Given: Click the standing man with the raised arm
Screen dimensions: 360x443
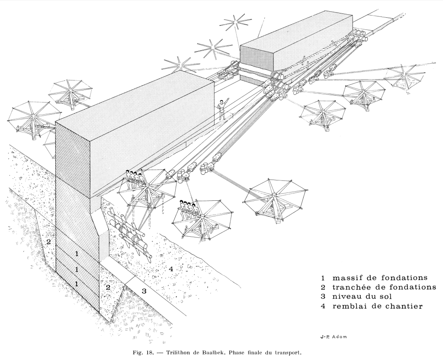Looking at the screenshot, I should click(222, 109).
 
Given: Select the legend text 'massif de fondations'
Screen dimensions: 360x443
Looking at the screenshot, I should click(380, 277).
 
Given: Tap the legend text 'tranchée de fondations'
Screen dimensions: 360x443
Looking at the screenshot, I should click(384, 287).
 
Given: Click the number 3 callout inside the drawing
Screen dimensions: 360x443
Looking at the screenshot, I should click(144, 291).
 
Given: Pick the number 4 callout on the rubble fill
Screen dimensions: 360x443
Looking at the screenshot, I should click(171, 269).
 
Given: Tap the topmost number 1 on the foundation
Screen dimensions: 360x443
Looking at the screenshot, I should click(77, 254).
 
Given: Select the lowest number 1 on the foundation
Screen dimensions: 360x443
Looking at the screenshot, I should click(77, 284).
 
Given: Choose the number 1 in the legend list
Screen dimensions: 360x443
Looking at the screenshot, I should click(323, 277).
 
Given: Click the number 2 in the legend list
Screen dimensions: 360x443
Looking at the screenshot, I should click(323, 287).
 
